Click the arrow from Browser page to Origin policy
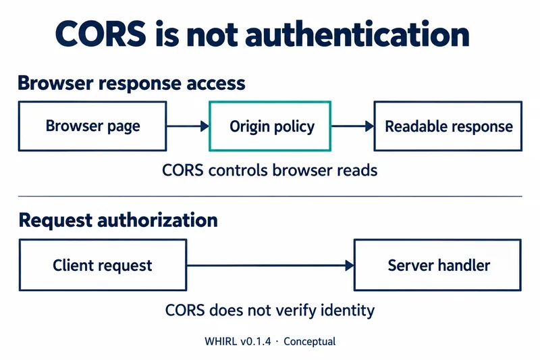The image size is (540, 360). pyautogui.click(x=188, y=126)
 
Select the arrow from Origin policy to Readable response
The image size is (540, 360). pyautogui.click(x=352, y=126)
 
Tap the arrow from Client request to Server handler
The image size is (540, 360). pyautogui.click(x=271, y=265)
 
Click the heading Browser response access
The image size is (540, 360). pyautogui.click(x=132, y=83)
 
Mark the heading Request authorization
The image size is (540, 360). pyautogui.click(x=118, y=220)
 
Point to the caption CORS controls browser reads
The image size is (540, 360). pyautogui.click(x=269, y=170)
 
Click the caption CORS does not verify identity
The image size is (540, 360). pyautogui.click(x=269, y=310)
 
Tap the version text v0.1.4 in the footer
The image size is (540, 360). pyautogui.click(x=256, y=341)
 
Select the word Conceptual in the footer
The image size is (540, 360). pyautogui.click(x=309, y=341)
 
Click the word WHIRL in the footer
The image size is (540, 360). pyautogui.click(x=221, y=341)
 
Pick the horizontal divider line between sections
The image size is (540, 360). pyautogui.click(x=271, y=197)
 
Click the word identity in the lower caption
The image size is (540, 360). pyautogui.click(x=348, y=310)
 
